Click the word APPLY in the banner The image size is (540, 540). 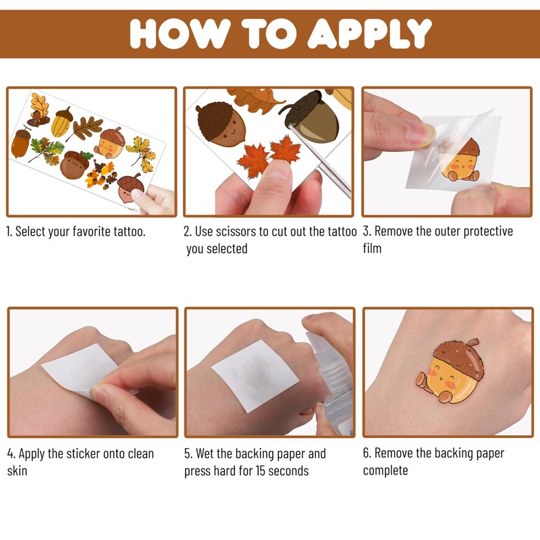click(x=369, y=33)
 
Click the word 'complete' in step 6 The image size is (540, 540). click(x=385, y=470)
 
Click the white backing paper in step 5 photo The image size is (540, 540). click(x=254, y=375)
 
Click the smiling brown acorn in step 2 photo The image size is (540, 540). click(x=221, y=124)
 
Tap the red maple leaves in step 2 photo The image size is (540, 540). click(x=269, y=157)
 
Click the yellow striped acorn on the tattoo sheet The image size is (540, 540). click(x=62, y=122)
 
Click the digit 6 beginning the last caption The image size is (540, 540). click(x=366, y=453)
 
